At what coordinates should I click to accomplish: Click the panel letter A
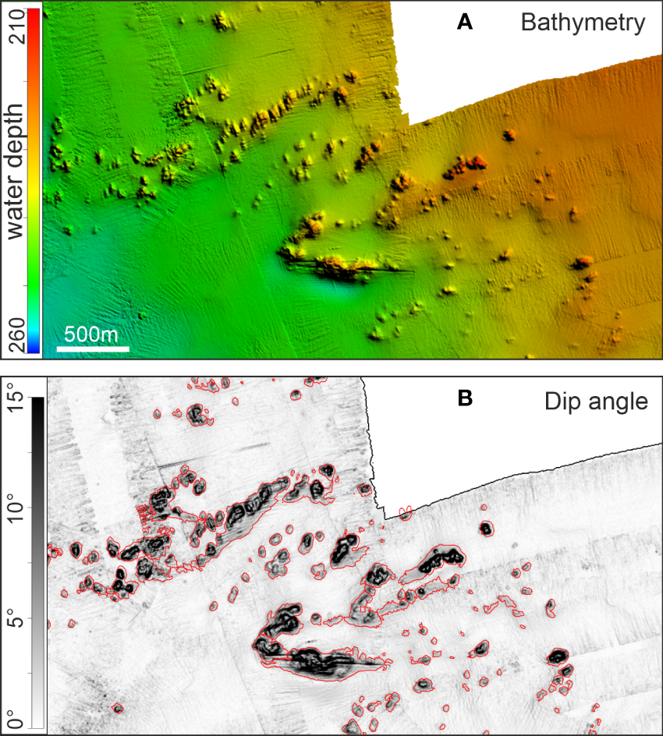point(465,23)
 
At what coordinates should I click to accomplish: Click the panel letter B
point(465,400)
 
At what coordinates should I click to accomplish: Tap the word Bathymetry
point(583,23)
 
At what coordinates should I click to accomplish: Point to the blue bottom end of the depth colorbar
point(34,348)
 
